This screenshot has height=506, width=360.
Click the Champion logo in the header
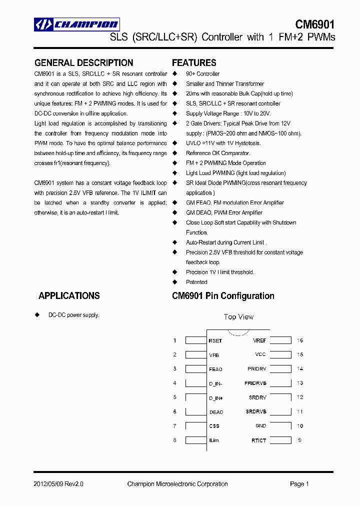tap(76, 24)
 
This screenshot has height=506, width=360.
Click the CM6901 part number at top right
tap(314, 24)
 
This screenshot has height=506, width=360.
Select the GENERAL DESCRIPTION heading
tap(83, 63)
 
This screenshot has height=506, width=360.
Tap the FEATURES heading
tap(194, 63)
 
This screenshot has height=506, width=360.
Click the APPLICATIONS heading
tap(69, 296)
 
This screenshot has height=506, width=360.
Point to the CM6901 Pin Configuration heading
tap(223, 296)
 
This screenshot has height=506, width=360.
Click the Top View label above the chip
tap(238, 317)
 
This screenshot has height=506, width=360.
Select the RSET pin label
tap(215, 341)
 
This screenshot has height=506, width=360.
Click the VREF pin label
tap(259, 340)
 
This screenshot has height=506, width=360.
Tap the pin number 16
tap(300, 340)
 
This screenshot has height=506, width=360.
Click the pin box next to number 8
tap(195, 440)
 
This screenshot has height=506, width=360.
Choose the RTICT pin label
tap(258, 440)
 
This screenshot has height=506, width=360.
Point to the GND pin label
tap(260, 426)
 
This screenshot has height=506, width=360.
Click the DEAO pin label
tap(216, 412)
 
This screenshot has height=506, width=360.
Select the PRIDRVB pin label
tap(255, 383)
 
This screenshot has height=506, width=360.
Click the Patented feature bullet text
tap(196, 282)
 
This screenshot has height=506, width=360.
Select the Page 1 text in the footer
tap(299, 484)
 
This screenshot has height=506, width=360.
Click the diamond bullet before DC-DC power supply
tap(37, 315)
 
